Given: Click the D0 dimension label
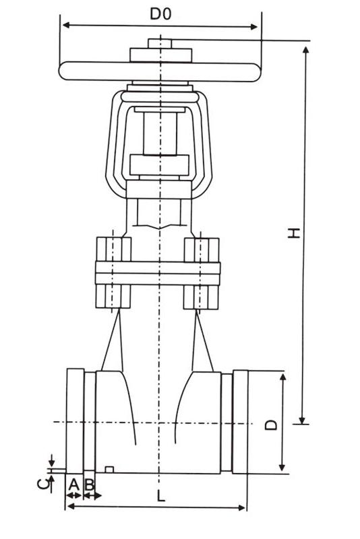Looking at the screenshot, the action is coord(160,14).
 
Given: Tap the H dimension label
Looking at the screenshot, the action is coord(294,232).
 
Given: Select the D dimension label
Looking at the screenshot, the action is coord(271,424).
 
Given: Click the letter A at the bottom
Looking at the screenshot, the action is coord(74,484).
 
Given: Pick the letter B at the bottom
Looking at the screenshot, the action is coord(90,484).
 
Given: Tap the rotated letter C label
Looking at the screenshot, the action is coord(42,483).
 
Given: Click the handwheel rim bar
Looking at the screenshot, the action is coord(160,71).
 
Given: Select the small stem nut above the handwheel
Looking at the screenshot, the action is coord(160,43).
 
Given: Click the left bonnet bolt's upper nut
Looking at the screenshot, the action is coord(114,249).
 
